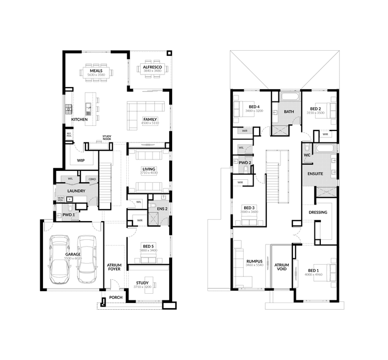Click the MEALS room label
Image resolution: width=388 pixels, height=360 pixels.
pos(96,70)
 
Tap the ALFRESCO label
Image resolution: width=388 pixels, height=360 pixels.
pos(150,67)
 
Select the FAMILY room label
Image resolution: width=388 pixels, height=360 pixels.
pos(150,120)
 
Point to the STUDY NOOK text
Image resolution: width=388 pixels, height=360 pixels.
pos(107,137)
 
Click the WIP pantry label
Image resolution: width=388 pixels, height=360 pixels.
pos(81,161)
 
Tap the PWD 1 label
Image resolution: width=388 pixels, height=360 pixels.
pos(69,214)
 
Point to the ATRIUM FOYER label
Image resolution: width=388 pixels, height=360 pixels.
pos(114,267)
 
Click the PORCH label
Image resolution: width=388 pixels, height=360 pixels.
pos(115,297)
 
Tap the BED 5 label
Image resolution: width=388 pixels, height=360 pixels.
pos(148,246)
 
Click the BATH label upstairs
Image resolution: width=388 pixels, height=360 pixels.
pos(289,111)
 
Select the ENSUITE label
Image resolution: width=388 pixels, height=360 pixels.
pos(315,174)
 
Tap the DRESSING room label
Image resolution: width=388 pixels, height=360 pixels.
pos(317,212)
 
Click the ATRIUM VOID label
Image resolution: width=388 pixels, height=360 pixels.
pos(281,267)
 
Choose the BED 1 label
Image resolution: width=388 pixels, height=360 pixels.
pos(314,270)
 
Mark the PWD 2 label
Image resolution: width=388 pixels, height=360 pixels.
pos(245,163)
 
